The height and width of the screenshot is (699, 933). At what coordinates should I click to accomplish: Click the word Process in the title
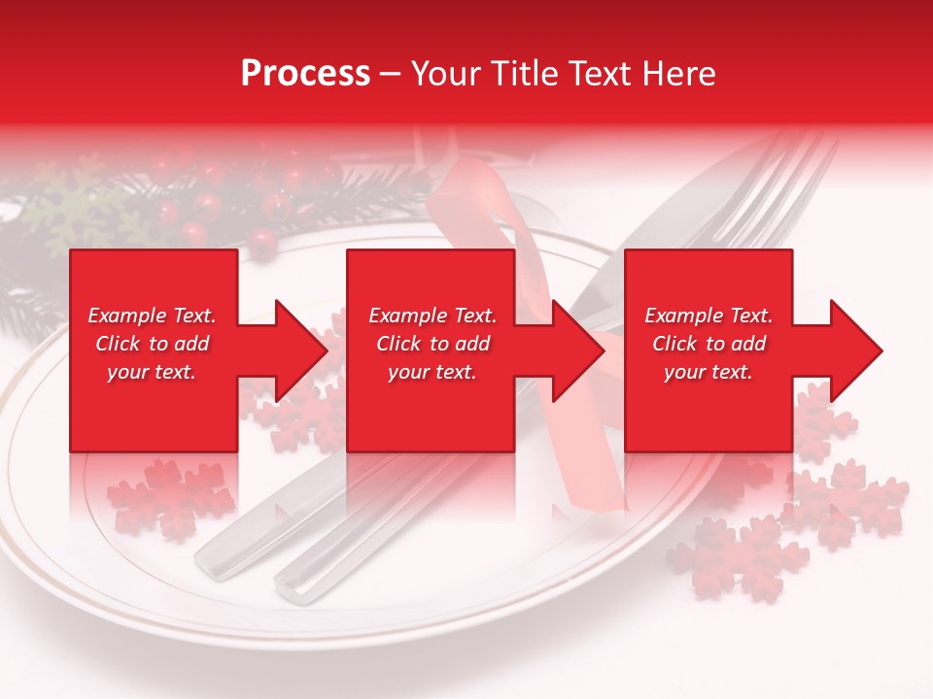(x=305, y=74)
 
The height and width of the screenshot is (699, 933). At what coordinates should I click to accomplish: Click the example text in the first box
(x=152, y=344)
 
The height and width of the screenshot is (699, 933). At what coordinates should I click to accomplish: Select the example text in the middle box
(x=432, y=344)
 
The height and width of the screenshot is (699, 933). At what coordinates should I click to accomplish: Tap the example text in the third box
(x=708, y=344)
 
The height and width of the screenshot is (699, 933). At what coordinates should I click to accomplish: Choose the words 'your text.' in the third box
(x=708, y=372)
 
